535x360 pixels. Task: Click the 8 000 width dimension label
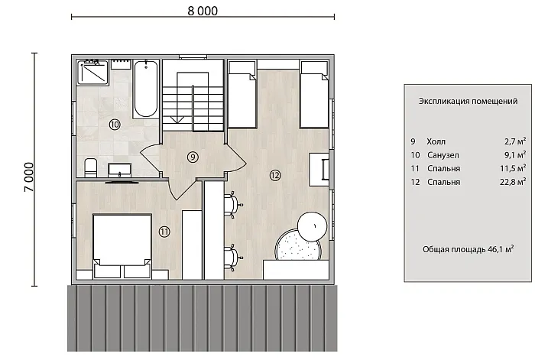203,11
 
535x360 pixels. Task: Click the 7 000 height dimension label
29,177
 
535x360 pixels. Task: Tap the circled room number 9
193,157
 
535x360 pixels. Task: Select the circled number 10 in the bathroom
115,125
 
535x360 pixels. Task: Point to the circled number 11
164,232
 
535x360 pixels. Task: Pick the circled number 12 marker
275,175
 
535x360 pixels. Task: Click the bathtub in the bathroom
146,89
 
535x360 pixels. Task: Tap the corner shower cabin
92,72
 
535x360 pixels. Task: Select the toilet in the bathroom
90,167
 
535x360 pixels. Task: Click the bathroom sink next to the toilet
119,170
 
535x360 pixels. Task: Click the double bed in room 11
122,245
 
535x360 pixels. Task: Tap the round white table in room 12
313,226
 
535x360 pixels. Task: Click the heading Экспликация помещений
468,101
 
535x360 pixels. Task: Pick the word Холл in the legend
436,141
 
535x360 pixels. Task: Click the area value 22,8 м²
513,182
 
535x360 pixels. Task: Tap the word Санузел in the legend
443,155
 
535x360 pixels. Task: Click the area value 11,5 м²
513,168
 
